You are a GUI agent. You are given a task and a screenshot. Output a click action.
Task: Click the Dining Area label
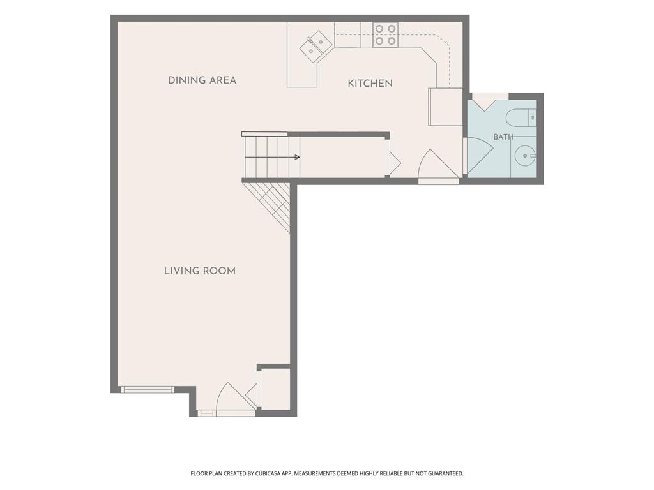tap(202, 80)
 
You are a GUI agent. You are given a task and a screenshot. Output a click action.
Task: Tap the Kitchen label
tap(370, 84)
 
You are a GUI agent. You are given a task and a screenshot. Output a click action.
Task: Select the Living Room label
tap(200, 271)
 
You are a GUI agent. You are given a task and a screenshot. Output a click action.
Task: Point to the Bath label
tap(503, 137)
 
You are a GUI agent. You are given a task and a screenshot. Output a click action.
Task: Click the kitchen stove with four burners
tap(386, 34)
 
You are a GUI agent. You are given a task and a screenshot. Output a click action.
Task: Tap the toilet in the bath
tap(521, 118)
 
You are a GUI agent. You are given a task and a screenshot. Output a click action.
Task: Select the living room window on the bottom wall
tap(148, 390)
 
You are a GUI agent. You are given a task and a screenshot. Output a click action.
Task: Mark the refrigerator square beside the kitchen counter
tap(446, 107)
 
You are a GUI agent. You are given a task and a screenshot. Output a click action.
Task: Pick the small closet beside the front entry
tap(275, 389)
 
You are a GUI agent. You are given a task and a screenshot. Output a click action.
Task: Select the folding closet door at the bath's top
tap(485, 104)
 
